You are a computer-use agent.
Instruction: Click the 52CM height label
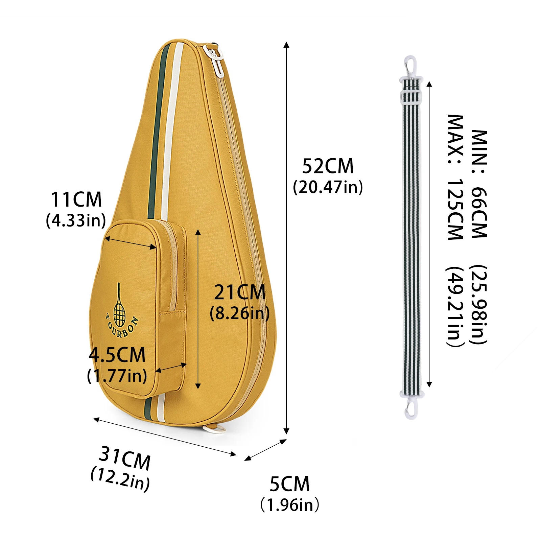328,166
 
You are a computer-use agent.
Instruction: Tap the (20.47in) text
328,187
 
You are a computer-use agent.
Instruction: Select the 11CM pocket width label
76,199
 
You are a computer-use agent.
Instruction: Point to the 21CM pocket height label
240,292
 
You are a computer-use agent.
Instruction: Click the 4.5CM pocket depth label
117,355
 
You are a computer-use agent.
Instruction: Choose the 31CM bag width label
125,458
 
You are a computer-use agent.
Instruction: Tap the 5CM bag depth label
289,484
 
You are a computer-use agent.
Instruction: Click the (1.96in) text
290,505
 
